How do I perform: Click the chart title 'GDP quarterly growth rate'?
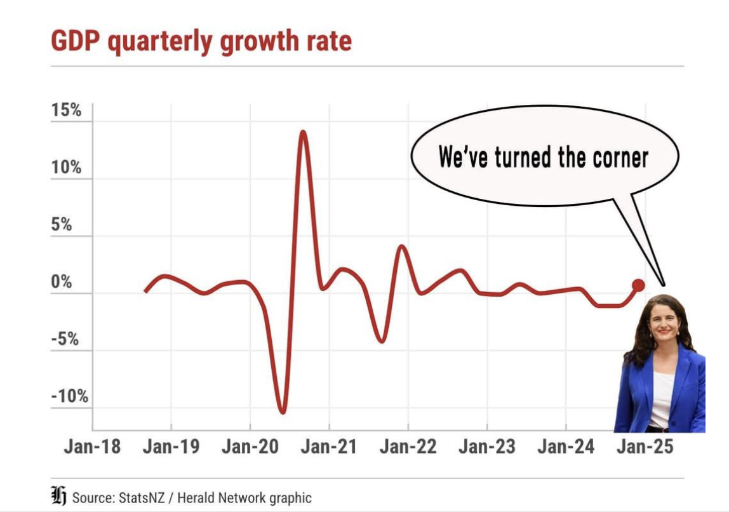[x=201, y=41]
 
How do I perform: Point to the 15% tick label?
[x=67, y=111]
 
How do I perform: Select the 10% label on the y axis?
[x=67, y=168]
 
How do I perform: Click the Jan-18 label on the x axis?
[x=92, y=447]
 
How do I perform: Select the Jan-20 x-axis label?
[x=250, y=447]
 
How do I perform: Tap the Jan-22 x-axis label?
[x=408, y=447]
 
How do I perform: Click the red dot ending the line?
[x=638, y=285]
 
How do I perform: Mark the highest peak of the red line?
[x=304, y=133]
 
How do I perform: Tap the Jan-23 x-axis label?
[x=487, y=447]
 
